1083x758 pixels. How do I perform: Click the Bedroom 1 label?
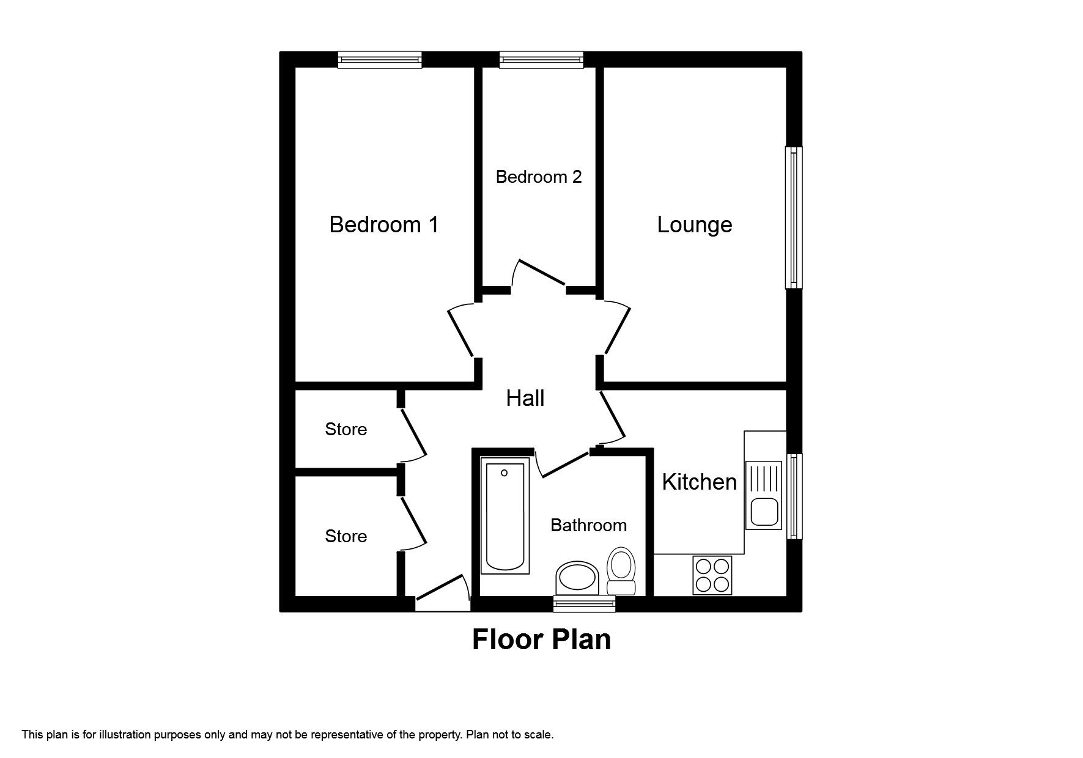tap(384, 225)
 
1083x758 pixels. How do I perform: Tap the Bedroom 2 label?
tap(538, 177)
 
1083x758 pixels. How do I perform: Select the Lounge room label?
tap(694, 225)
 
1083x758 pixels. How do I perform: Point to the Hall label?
tap(525, 399)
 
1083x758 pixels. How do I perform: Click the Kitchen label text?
tap(698, 482)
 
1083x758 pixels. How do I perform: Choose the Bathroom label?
tap(588, 525)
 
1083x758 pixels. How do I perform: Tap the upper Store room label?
tap(346, 430)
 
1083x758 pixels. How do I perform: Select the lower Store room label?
tap(346, 537)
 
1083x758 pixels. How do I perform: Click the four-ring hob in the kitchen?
tap(712, 575)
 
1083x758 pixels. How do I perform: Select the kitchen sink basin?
tap(763, 512)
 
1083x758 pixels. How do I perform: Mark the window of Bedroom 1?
tap(380, 59)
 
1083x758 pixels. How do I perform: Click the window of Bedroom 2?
tap(541, 59)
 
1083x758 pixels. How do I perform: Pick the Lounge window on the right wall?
tap(793, 218)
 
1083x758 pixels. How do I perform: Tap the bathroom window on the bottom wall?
tap(583, 604)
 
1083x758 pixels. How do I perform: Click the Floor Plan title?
tap(541, 640)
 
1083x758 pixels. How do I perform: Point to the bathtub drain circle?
tap(505, 473)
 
